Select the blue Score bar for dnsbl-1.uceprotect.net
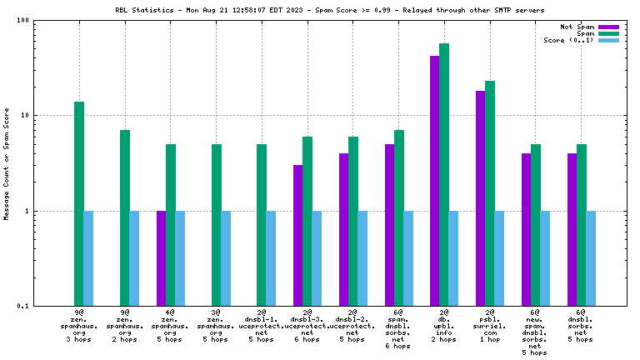coord(271,258)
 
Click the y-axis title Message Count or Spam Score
coord(7,163)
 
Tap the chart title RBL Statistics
coord(320,11)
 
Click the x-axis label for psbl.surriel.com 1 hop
coord(489,326)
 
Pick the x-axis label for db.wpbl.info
coord(443,326)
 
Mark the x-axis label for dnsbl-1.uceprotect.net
coord(261,326)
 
